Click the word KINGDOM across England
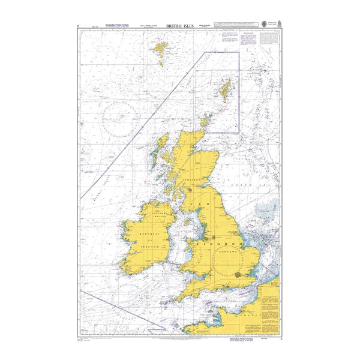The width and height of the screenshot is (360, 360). click(x=217, y=245)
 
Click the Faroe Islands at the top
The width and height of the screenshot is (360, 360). click(x=161, y=49)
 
